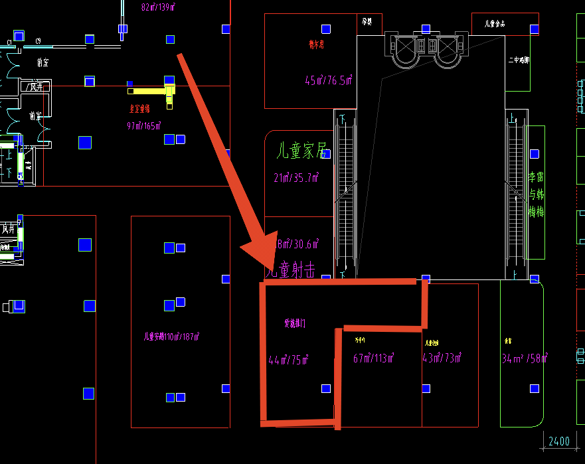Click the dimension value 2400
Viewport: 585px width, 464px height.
pos(558,441)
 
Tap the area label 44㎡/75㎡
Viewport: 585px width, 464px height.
pos(289,360)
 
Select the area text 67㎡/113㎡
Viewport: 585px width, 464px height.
pos(375,358)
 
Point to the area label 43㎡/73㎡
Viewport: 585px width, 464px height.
pos(442,358)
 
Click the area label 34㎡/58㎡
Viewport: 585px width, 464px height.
pos(525,359)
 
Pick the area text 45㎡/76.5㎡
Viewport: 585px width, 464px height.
pos(328,81)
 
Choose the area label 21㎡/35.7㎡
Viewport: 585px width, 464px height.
pos(296,178)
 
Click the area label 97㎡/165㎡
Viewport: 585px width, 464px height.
pos(144,125)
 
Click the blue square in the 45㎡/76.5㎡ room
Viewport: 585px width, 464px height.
pos(326,29)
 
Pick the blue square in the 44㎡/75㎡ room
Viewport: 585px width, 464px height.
pos(325,388)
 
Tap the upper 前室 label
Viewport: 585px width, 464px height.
pos(43,62)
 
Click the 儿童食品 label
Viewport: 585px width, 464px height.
pos(495,24)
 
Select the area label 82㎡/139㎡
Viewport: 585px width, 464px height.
pos(158,7)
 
